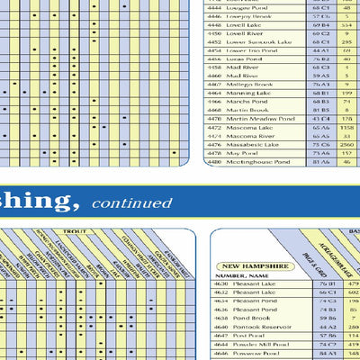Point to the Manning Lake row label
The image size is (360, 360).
click(x=248, y=93)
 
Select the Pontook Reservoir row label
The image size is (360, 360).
click(x=260, y=326)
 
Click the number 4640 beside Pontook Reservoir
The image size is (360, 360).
click(x=220, y=326)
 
